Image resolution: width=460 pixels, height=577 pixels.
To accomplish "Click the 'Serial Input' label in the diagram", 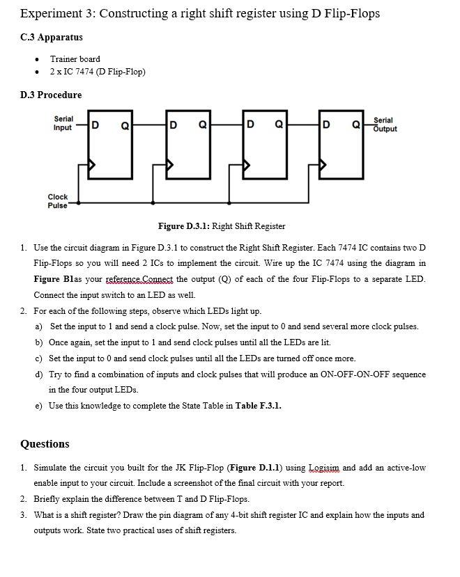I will coord(63,124).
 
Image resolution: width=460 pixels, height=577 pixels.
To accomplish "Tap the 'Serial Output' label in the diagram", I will coord(385,125).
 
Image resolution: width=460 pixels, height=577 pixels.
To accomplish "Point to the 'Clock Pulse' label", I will coord(58,201).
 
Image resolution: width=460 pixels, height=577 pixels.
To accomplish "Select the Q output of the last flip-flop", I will coord(355,125).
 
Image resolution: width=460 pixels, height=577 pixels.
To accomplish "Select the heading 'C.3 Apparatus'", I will coord(52,37).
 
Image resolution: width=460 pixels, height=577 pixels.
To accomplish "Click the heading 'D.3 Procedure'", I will coord(51,95).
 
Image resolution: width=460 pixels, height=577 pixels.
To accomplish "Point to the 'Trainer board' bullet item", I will coord(75,59).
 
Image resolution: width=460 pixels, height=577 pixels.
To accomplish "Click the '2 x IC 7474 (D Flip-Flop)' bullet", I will coord(98,72).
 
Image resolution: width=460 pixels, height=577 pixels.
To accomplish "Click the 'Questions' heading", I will coord(45,444).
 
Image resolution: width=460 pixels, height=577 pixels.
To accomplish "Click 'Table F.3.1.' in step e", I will coord(259,406).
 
